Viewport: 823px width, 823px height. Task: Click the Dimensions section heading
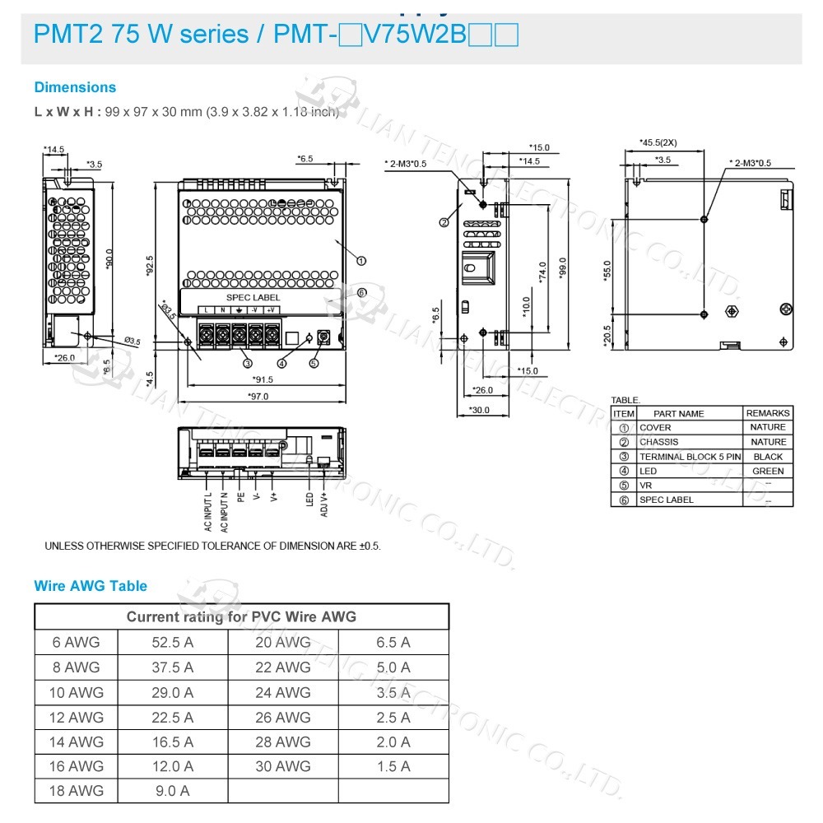[75, 87]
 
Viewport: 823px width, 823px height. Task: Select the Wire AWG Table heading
[91, 586]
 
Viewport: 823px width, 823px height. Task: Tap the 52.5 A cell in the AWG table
[172, 643]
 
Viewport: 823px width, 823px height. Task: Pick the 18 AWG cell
[77, 790]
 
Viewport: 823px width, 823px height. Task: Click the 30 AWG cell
[283, 766]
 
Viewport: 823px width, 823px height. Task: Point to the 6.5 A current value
[393, 643]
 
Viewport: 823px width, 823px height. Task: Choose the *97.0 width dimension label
[258, 397]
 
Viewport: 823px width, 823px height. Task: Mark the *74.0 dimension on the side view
[543, 272]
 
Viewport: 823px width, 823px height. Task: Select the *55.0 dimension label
[608, 270]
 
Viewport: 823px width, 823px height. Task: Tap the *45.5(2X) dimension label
[659, 142]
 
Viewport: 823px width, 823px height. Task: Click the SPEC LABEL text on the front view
[253, 297]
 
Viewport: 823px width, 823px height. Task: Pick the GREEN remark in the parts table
[767, 472]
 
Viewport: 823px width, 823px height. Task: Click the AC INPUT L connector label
[208, 511]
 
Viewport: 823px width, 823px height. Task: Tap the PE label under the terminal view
[240, 497]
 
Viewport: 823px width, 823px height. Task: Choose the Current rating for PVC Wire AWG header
[241, 616]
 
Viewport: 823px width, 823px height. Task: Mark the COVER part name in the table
[655, 428]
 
